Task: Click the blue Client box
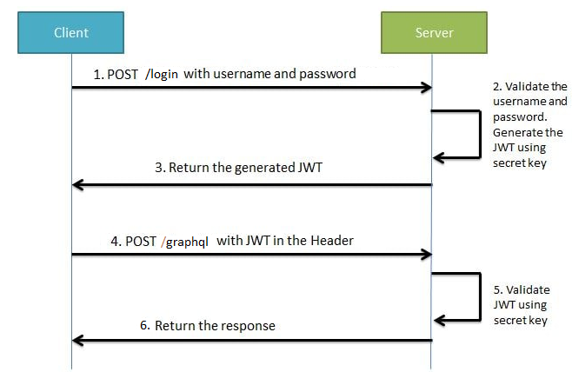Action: coord(71,33)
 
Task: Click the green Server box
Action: coord(432,33)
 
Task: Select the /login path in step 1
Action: coord(163,75)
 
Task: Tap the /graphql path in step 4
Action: coord(185,242)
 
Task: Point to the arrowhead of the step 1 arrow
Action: coord(426,87)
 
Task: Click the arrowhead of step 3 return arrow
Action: coord(78,184)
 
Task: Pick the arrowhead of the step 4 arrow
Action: coord(426,255)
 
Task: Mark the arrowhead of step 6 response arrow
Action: coord(78,340)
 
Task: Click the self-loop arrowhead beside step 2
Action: coord(440,157)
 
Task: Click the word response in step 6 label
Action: coord(247,326)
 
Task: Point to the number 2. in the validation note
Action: coord(498,86)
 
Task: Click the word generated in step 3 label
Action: coord(263,168)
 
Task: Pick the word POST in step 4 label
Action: coord(140,241)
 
